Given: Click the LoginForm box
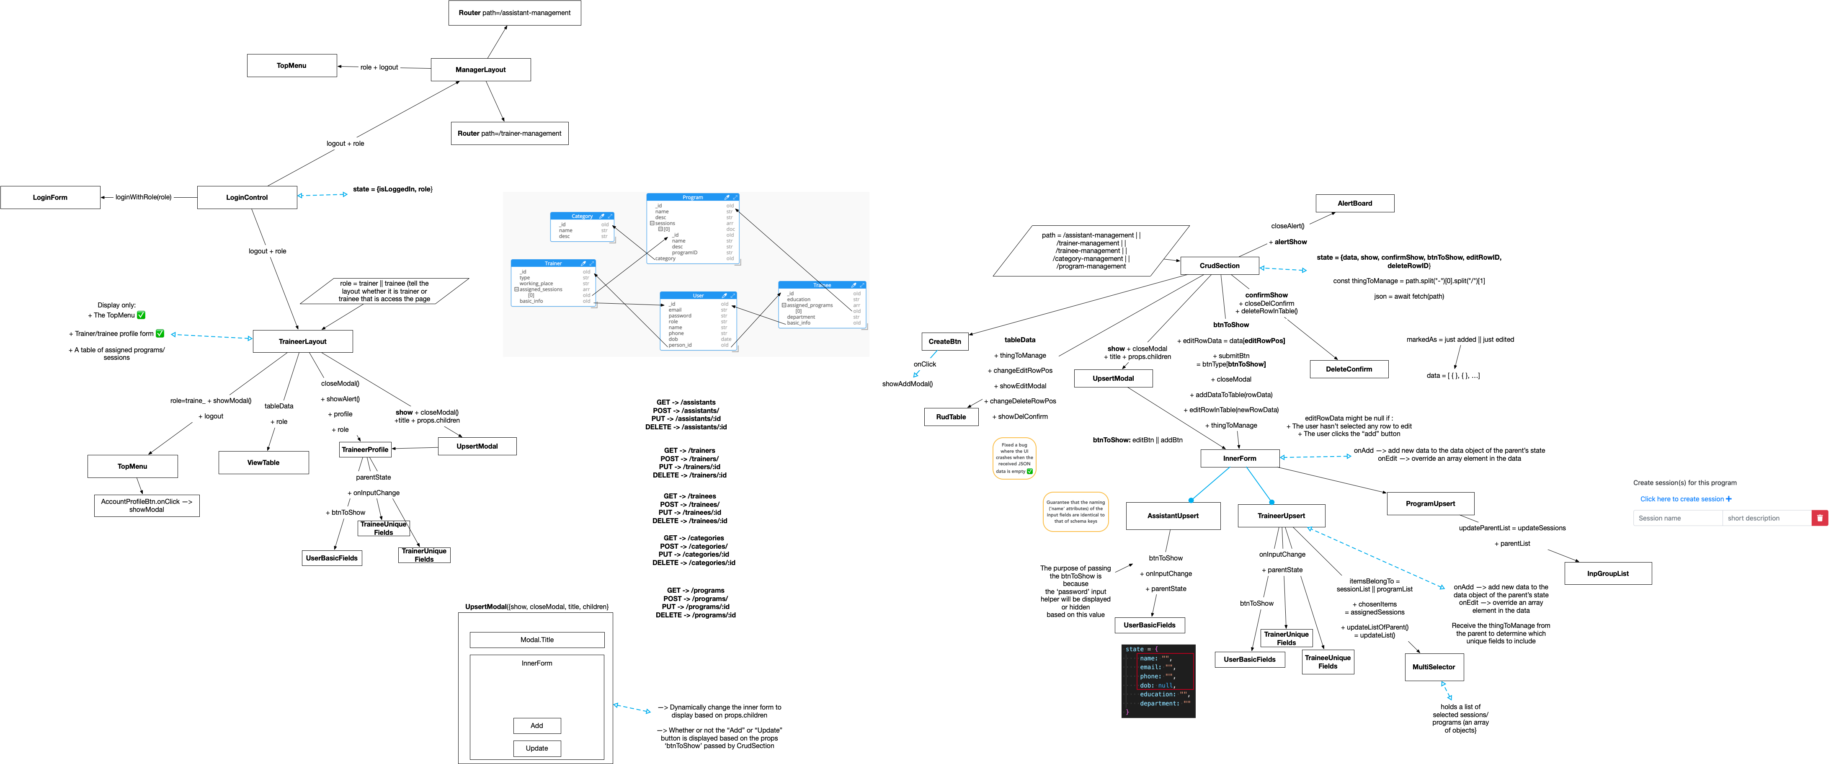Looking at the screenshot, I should (x=50, y=198).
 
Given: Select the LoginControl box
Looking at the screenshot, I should (x=247, y=198).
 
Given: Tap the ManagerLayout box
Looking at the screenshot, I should (x=480, y=70).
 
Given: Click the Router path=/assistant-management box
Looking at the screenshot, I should (x=515, y=13).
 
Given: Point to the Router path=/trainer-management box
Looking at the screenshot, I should (x=509, y=134).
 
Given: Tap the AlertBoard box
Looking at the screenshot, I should (x=1355, y=203).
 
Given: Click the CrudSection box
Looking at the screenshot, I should (x=1219, y=266).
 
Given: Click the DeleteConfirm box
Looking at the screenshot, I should (x=1349, y=369).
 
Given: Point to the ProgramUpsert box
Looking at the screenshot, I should (x=1430, y=504).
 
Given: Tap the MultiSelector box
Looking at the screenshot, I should (x=1434, y=667).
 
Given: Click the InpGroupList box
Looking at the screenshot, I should (x=1608, y=573).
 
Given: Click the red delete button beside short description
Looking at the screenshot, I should (x=1820, y=518).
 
